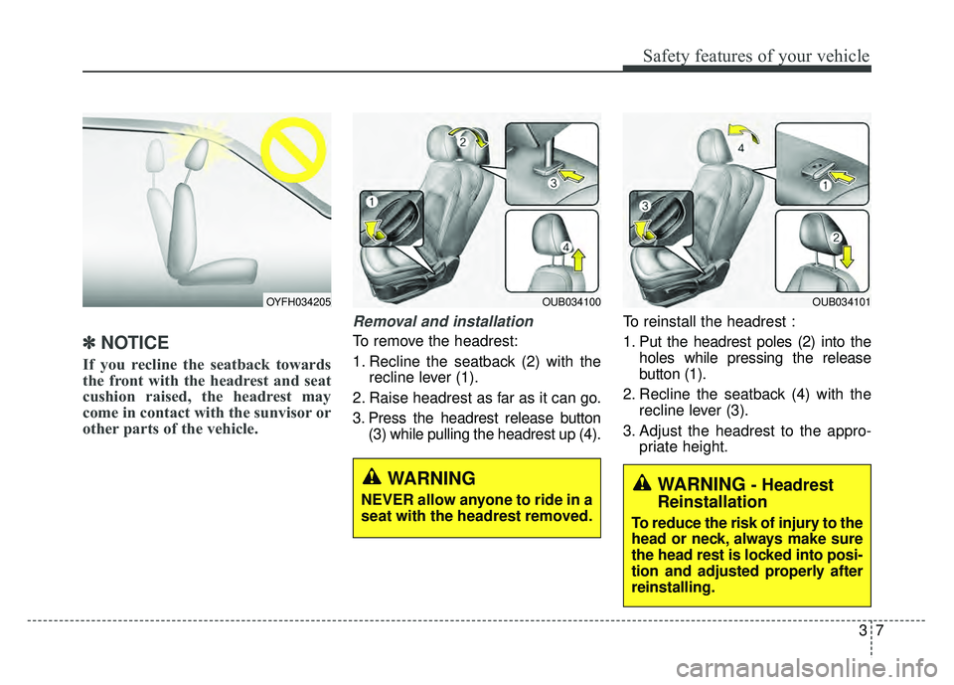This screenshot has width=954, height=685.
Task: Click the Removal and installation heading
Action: coord(443,322)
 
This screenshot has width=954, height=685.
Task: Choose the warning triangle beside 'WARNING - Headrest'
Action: coord(642,484)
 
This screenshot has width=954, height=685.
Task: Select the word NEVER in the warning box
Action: coord(380,499)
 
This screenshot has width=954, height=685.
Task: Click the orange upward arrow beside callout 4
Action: coord(578,265)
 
